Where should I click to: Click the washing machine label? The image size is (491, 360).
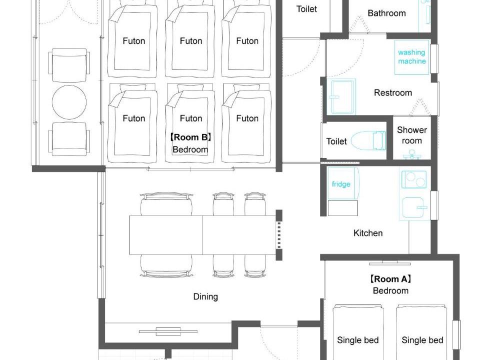coord(412,56)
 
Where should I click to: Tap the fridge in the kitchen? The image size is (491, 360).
coord(343,183)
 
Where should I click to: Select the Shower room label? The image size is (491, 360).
coord(412,135)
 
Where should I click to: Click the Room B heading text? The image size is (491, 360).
coord(190,137)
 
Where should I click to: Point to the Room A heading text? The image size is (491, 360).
coord(390,279)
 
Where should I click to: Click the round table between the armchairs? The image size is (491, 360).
coord(69,102)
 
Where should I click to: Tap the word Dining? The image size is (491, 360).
coord(205,296)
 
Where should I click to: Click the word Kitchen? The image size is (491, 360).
coord(368,233)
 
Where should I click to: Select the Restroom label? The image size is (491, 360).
coord(393,92)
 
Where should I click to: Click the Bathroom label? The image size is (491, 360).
coord(386,13)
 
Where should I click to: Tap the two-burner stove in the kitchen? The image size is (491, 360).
coord(414,179)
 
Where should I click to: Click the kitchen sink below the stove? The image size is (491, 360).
coord(415,207)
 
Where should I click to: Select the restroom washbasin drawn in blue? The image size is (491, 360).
coord(343,97)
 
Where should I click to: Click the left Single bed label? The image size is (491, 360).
coord(358,340)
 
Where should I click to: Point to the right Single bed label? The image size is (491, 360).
coord(422,340)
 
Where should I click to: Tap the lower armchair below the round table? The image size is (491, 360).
coord(69,139)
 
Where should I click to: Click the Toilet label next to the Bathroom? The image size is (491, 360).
coord(306,9)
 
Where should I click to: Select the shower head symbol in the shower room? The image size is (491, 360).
coord(412,154)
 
